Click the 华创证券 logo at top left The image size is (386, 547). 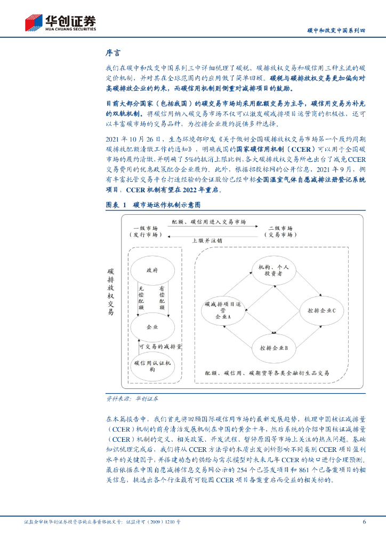pyautogui.click(x=60, y=22)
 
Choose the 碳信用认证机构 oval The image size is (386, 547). pyautogui.click(x=152, y=366)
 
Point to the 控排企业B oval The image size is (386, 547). pyautogui.click(x=274, y=348)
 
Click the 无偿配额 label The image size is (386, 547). pyautogui.click(x=141, y=298)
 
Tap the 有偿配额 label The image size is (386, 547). pyautogui.click(x=162, y=298)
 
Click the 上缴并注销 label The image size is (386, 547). pyautogui.click(x=207, y=240)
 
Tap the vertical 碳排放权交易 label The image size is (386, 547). pyautogui.click(x=110, y=292)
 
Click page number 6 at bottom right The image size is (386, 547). pyautogui.click(x=364, y=522)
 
